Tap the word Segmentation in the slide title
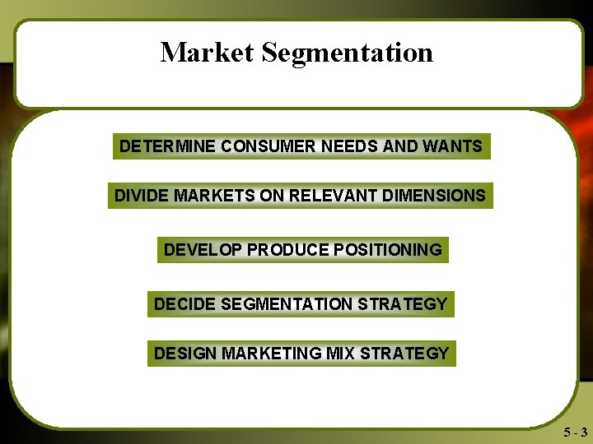coord(347,53)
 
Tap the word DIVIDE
coord(139,196)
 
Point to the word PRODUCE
coord(285,249)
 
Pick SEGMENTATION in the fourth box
coord(284,304)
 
